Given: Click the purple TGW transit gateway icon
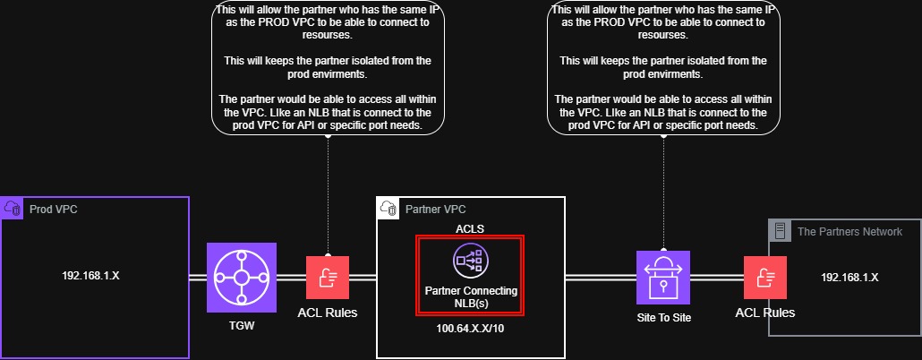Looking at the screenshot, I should coord(242,278).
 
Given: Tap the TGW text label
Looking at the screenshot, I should coord(242,326).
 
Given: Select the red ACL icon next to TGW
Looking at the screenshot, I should coord(328,278).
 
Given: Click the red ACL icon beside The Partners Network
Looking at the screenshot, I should coord(764,278).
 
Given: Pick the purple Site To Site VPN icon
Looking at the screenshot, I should coord(663,278).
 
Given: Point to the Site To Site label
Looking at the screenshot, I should coord(663,317).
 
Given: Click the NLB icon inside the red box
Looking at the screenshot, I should coord(470,261).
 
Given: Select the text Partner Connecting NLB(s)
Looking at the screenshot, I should coord(470,297).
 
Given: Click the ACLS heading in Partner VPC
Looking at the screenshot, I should coord(470,228).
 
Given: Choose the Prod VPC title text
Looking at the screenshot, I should coord(53,209).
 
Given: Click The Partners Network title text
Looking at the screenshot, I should coord(849,231).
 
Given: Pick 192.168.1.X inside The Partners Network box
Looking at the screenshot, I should coord(849,277).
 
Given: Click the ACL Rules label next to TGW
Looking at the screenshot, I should coord(328,313).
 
